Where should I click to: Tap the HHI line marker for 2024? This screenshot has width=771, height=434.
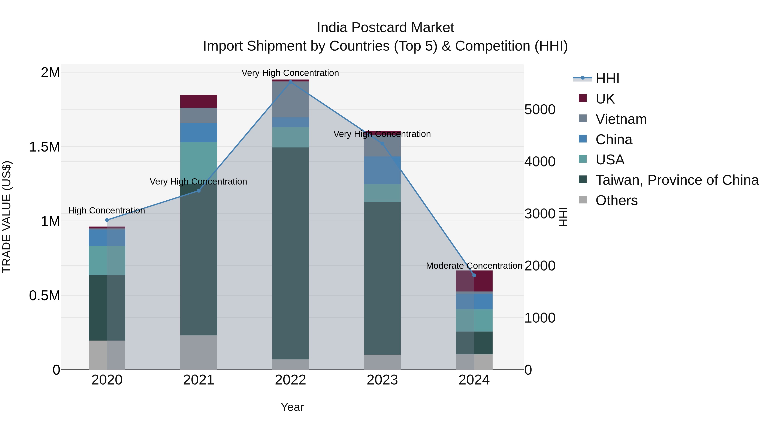[474, 275]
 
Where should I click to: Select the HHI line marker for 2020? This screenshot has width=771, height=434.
[107, 220]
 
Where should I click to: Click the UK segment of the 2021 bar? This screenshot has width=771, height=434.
[199, 101]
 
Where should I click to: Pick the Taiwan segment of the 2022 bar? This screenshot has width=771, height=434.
[290, 253]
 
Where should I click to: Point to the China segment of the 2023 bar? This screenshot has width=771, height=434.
[382, 170]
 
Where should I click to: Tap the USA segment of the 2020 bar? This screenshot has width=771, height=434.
[107, 261]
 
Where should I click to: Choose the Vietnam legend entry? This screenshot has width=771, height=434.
[621, 119]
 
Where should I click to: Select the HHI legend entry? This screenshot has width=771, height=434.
[607, 78]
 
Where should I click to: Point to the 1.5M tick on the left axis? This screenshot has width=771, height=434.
[44, 147]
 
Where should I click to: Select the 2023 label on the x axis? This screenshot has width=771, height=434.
[382, 380]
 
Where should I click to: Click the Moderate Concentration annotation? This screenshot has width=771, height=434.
[474, 266]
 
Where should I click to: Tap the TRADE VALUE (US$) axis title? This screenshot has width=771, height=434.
[7, 217]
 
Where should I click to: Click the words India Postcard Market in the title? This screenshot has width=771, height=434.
[385, 28]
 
